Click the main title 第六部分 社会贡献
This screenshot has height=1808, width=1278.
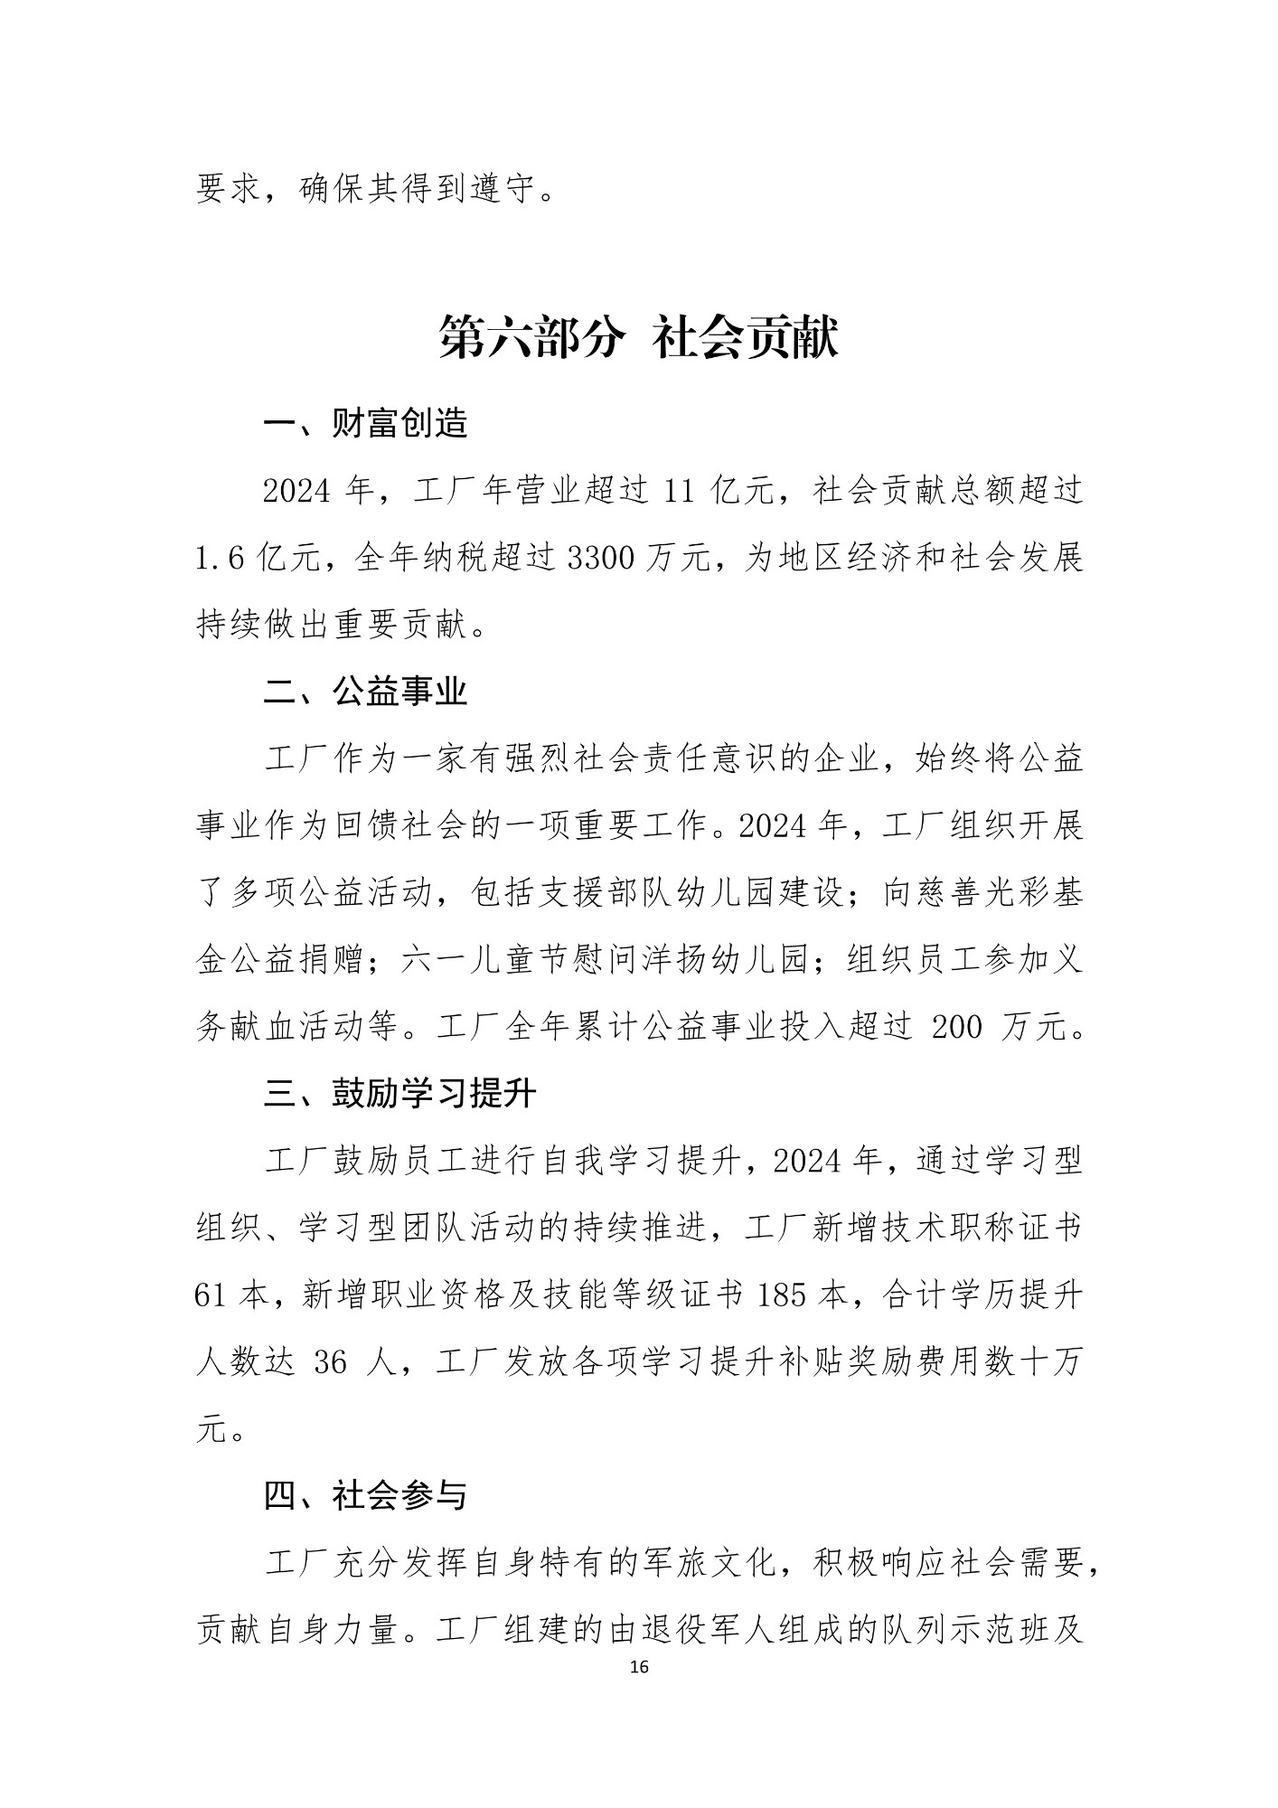(639, 338)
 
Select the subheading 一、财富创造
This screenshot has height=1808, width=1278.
(366, 423)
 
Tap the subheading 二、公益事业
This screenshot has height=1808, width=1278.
(366, 692)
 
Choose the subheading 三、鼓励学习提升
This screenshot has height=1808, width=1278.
(400, 1094)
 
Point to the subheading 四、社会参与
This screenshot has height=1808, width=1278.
(366, 1496)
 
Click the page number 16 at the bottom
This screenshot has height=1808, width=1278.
(639, 1668)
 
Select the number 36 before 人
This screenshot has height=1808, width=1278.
(331, 1362)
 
